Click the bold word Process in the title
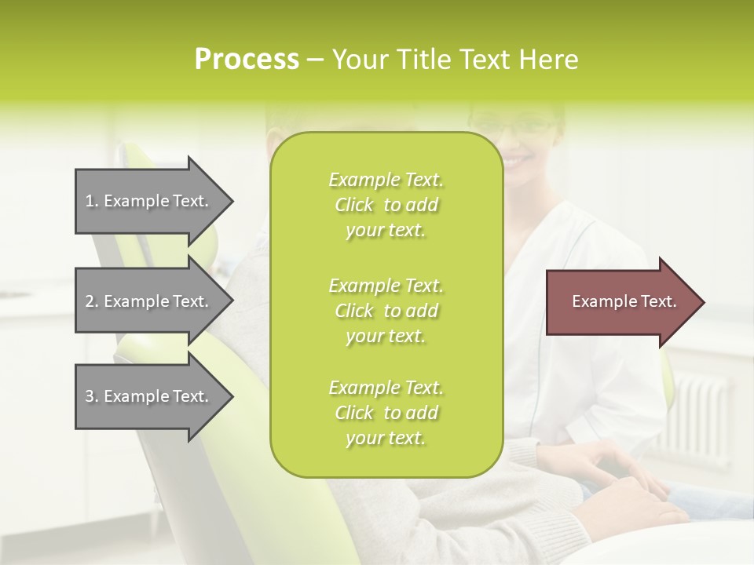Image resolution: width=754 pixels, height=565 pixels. [247, 60]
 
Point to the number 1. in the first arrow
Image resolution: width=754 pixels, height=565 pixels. [92, 201]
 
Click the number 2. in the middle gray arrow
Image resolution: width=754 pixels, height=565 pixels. [92, 301]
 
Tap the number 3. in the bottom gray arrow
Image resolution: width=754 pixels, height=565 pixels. [92, 396]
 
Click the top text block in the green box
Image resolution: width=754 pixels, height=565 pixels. [386, 205]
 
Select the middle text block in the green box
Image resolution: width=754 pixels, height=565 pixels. [386, 311]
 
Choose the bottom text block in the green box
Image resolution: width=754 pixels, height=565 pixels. [386, 413]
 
